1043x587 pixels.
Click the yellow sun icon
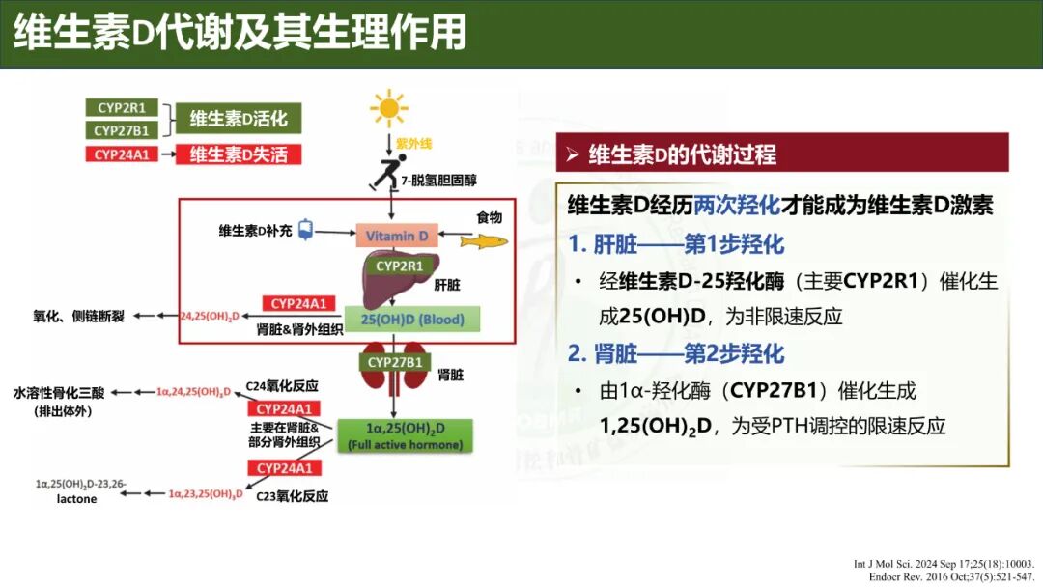[389, 108]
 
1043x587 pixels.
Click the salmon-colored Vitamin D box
[396, 236]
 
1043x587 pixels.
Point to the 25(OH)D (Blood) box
[411, 320]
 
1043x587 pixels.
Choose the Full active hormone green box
[405, 436]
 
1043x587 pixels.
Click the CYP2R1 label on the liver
[399, 266]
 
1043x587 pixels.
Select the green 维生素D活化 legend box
[238, 119]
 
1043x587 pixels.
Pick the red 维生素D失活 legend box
[238, 154]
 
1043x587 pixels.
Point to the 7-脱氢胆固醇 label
[439, 180]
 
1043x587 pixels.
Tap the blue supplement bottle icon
[306, 230]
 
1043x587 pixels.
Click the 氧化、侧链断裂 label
[77, 316]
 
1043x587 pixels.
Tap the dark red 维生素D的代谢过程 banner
[782, 154]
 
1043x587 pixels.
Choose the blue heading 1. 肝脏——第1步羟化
[676, 243]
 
